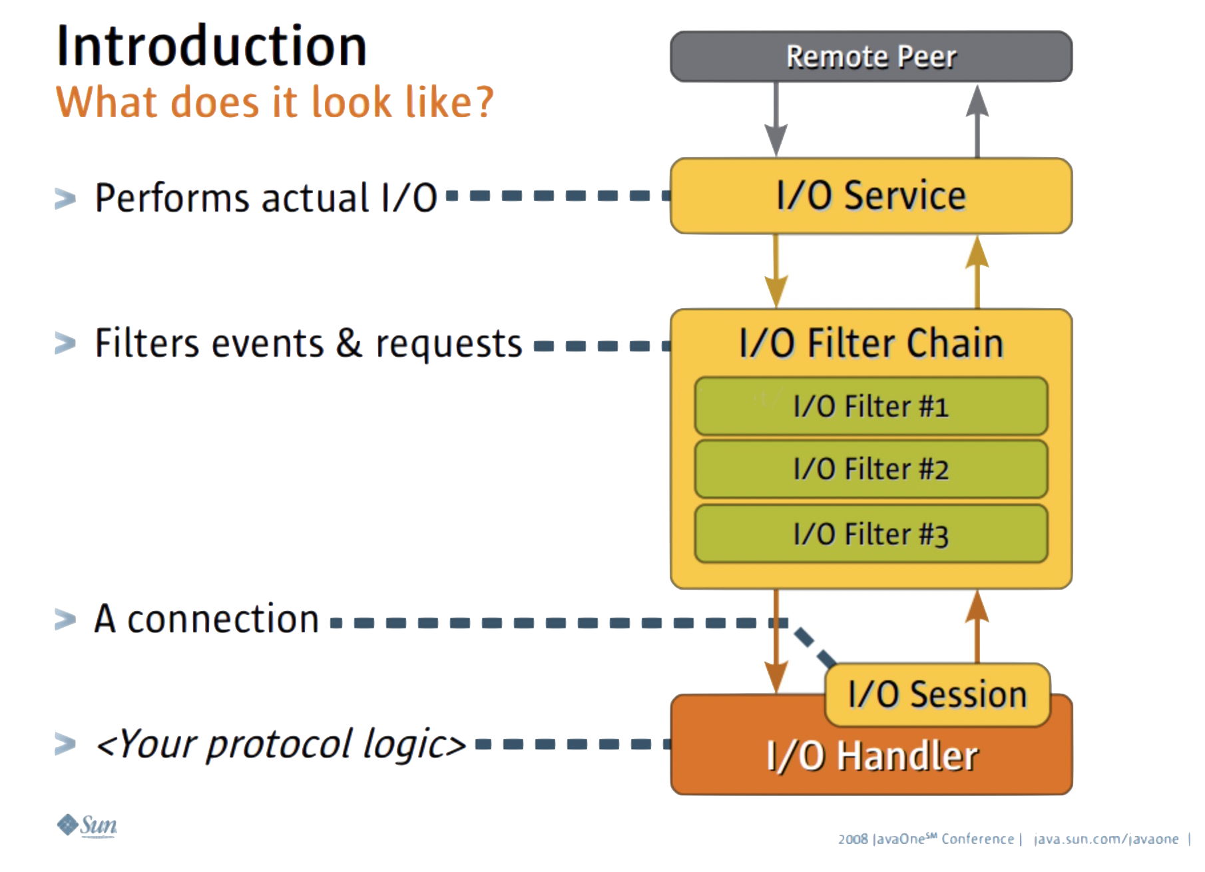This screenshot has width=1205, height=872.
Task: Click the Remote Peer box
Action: click(x=871, y=57)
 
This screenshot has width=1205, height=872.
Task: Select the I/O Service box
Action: click(x=871, y=196)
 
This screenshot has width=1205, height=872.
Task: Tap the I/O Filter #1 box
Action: click(x=871, y=406)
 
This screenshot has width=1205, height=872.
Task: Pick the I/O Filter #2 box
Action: click(x=871, y=469)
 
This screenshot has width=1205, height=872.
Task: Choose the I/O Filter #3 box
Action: click(x=871, y=534)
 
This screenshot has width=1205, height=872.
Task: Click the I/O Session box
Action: click(x=937, y=694)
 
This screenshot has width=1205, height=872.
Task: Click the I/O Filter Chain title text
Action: click(x=871, y=343)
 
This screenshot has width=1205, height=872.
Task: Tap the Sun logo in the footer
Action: click(x=87, y=825)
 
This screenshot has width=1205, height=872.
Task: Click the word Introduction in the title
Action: click(x=212, y=47)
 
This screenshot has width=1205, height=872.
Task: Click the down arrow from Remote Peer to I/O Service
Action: click(x=776, y=120)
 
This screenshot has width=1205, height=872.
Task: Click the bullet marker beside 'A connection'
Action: click(x=65, y=620)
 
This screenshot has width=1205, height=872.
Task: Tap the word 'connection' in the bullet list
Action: click(x=223, y=620)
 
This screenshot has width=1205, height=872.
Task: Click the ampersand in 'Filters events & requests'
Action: click(x=349, y=343)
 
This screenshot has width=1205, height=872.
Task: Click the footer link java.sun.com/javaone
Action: click(x=1106, y=840)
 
